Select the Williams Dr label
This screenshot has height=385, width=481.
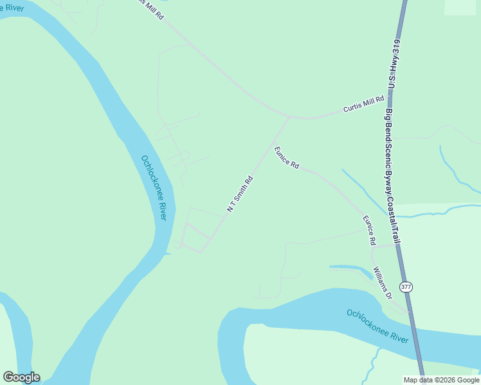381,282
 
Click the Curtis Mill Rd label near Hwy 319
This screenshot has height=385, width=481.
363,104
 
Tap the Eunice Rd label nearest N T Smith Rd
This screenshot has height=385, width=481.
287,158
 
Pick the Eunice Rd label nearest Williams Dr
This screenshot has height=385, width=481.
368,230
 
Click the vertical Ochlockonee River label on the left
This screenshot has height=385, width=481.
154,188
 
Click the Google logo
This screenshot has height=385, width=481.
21,377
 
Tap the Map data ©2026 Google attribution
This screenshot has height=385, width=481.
442,380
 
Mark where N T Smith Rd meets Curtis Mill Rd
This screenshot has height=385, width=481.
289,118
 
